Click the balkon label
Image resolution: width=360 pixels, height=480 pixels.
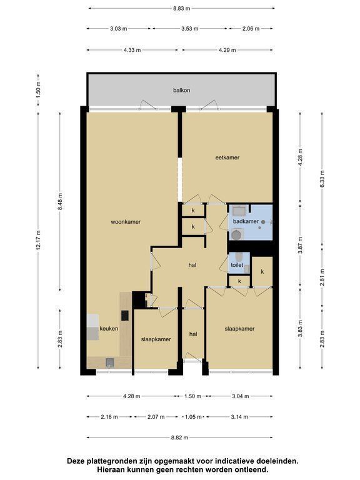tap(181, 90)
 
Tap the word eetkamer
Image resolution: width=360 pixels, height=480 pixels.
tap(227, 157)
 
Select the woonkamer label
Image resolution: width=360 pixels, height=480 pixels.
tap(126, 222)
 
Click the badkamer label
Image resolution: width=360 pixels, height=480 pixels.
tap(246, 221)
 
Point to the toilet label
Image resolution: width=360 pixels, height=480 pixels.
tap(237, 265)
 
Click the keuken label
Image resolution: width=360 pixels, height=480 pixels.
tap(109, 329)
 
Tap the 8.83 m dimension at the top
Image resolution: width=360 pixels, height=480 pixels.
tap(181, 9)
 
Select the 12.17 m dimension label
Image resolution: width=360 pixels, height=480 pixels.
tap(38, 240)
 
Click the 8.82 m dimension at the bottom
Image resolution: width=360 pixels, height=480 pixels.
tap(180, 437)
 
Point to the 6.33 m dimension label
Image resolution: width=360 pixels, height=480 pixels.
tap(322, 179)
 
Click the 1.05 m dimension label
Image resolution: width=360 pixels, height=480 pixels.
tap(193, 417)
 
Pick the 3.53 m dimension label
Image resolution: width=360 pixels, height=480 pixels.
tap(190, 29)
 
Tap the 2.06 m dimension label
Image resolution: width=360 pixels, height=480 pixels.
tap(251, 29)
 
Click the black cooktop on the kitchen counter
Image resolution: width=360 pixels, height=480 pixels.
tap(125, 315)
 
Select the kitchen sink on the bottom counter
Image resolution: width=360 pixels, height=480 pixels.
tap(110, 362)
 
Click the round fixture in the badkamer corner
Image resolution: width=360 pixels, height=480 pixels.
tap(236, 235)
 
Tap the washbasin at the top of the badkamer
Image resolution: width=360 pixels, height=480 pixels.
tap(239, 211)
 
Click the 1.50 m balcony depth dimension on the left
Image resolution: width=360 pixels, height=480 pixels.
tap(38, 89)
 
